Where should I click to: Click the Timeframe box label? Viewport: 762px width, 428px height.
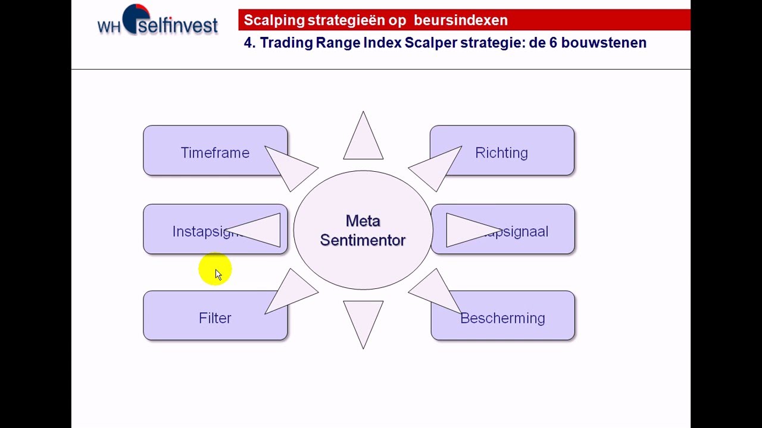point(215,153)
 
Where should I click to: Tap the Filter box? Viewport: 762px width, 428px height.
point(215,318)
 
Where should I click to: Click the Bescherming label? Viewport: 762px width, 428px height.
point(502,319)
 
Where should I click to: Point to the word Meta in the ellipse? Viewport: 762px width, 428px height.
point(363,221)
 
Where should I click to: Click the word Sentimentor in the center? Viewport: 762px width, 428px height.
point(363,240)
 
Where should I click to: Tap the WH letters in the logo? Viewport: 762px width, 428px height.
point(109,27)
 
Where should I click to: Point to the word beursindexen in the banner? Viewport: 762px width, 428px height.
point(461,20)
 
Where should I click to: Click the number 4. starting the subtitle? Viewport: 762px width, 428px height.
point(249,43)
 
